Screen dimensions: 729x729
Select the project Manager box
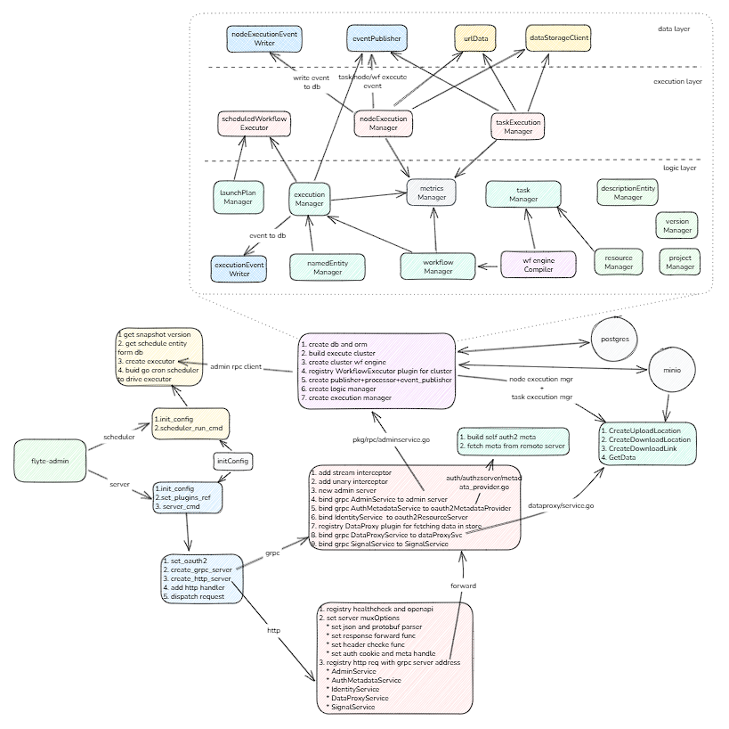(x=680, y=262)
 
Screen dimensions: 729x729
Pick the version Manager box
(x=677, y=225)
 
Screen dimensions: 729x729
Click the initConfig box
(x=232, y=461)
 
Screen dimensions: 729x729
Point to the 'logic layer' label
(x=680, y=168)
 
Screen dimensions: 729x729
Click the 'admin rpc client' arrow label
(x=235, y=366)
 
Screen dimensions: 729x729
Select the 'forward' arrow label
(x=463, y=586)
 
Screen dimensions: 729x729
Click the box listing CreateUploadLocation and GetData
(x=646, y=442)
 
